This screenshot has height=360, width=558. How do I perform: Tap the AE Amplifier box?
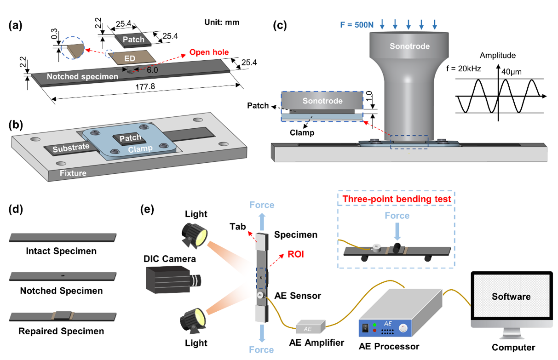[x=311, y=328]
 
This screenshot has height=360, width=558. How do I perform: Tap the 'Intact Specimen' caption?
[x=61, y=251]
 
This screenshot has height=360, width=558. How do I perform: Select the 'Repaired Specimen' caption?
[x=61, y=331]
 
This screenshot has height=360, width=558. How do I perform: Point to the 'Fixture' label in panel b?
[x=74, y=173]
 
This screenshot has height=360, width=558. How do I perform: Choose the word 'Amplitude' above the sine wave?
[x=498, y=55]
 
